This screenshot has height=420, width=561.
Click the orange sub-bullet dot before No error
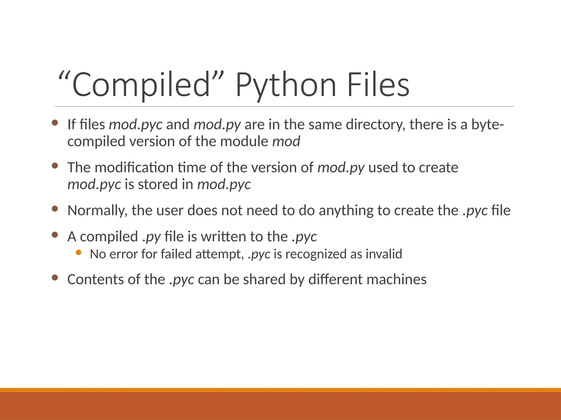point(79,253)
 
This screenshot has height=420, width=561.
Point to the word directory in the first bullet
point(376,125)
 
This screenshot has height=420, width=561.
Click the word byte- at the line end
point(487,125)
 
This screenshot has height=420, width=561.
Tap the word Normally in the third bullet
point(97,211)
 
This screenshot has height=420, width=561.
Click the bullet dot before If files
point(55,123)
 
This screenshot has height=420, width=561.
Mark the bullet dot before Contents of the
point(55,278)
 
